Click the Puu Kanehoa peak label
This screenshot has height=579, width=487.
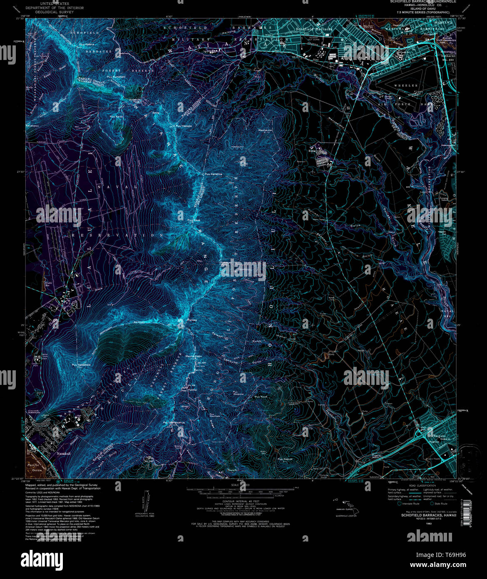pos(214,174)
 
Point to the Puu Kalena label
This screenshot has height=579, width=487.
pos(87,44)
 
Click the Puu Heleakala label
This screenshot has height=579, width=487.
pos(81,365)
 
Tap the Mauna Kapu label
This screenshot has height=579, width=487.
pos(194,357)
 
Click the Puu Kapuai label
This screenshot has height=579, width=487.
pos(286,459)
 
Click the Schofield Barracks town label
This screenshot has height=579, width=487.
pos(314,30)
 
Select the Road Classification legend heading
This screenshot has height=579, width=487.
pos(422,486)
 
